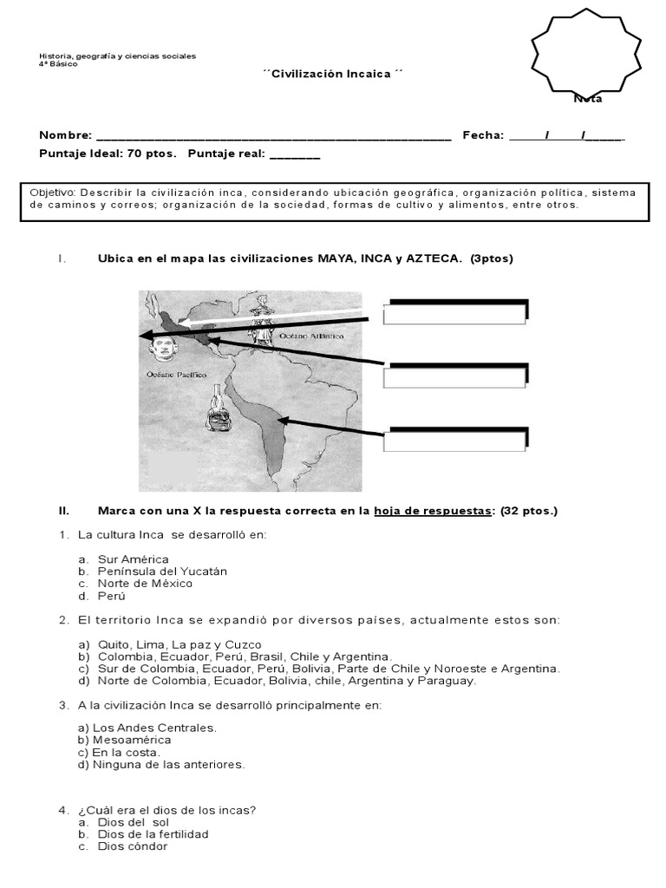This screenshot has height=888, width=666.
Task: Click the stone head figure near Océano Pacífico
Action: pos(162,348)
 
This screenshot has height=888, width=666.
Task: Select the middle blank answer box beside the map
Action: pos(454,377)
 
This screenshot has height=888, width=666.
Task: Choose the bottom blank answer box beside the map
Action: pos(454,440)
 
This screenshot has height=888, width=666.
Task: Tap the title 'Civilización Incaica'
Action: pos(333,75)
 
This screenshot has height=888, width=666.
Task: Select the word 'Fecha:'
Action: pos(483,135)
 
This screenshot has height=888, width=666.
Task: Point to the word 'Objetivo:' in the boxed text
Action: pos(53,192)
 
